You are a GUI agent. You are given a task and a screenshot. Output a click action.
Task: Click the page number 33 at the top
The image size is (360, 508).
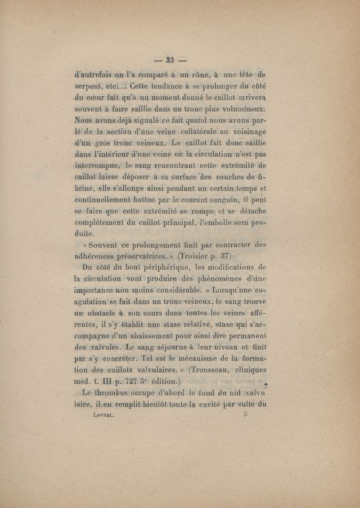(x=170, y=60)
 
